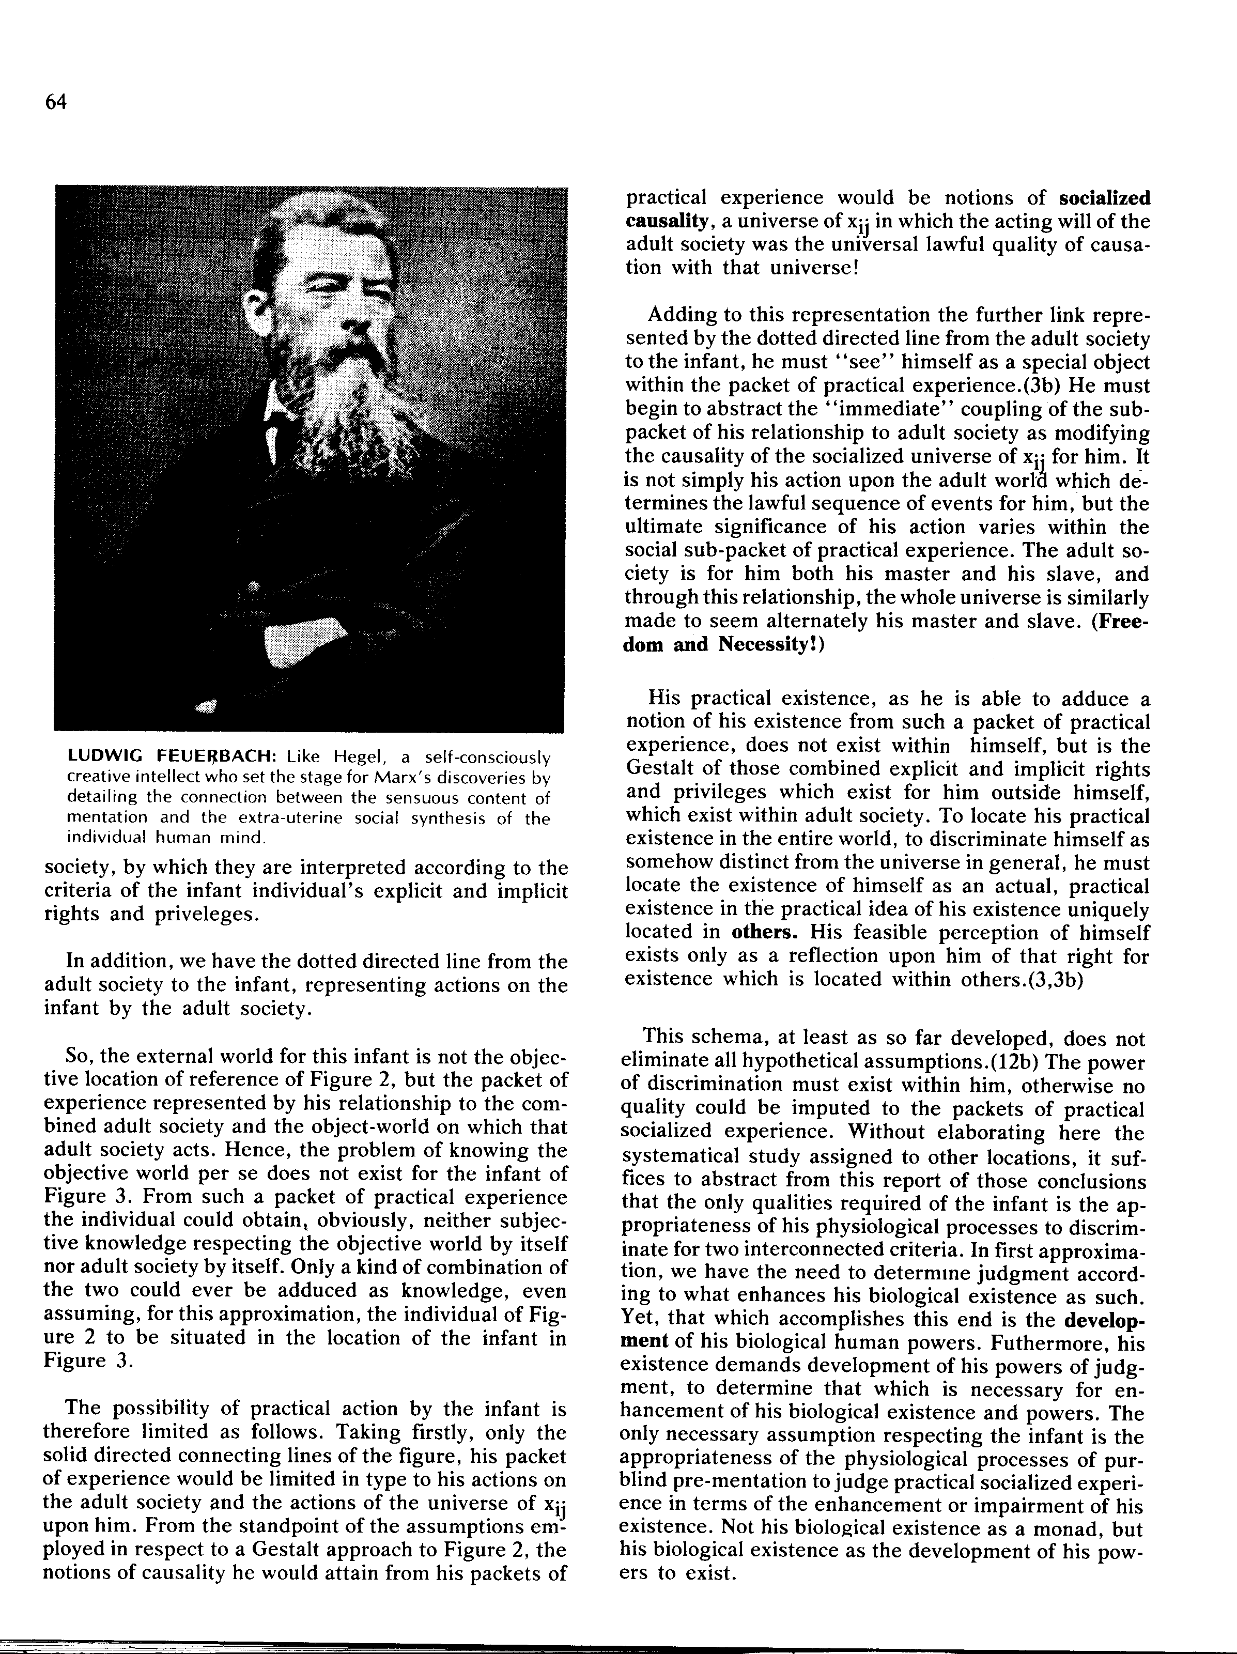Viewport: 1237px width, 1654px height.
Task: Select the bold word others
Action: pyautogui.click(x=764, y=933)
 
